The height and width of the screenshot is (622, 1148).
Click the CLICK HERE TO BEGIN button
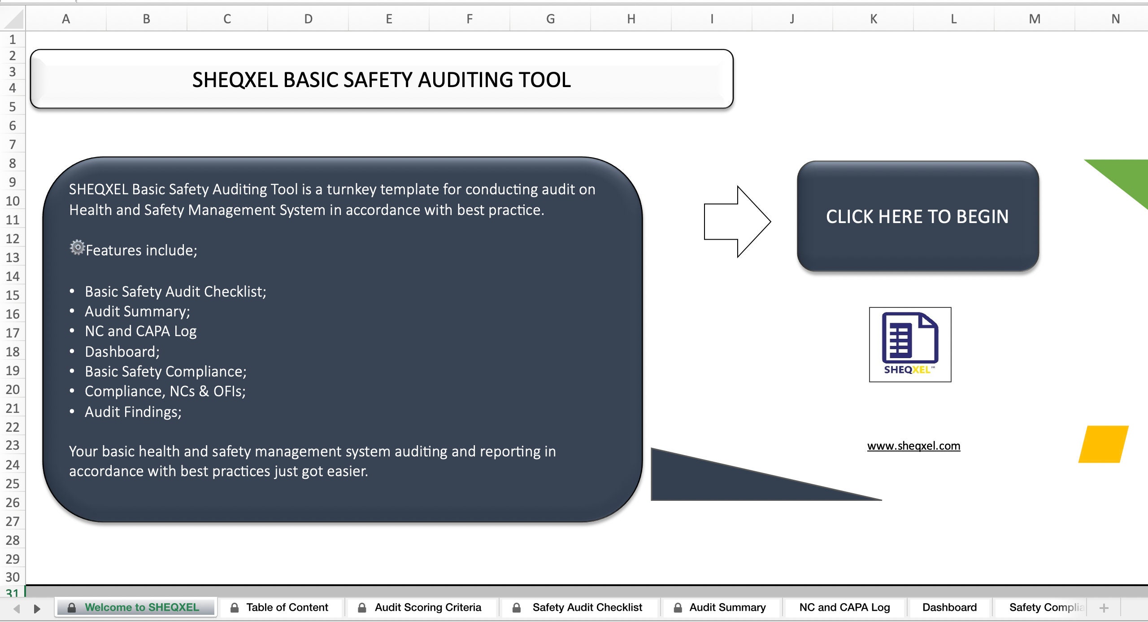[x=918, y=216]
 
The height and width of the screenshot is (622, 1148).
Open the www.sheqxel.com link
[x=913, y=446]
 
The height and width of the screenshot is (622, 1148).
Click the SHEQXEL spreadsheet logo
[x=910, y=344]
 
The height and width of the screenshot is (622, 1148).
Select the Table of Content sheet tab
[x=287, y=607]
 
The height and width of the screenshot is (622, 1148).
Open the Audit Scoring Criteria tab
[x=427, y=607]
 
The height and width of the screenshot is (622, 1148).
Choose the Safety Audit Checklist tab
[x=587, y=607]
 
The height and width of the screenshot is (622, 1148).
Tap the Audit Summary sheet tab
[x=727, y=607]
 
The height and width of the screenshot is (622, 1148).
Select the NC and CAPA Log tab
[x=844, y=607]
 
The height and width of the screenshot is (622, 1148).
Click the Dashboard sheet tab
[x=949, y=607]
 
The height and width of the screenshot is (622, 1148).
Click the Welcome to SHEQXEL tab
[x=141, y=607]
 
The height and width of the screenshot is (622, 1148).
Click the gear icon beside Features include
[x=77, y=247]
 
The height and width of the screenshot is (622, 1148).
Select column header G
[x=550, y=19]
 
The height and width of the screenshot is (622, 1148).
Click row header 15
[x=13, y=295]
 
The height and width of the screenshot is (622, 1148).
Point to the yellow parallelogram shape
[x=1103, y=444]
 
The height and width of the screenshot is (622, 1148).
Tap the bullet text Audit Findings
[x=133, y=412]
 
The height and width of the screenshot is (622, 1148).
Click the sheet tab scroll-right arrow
[x=37, y=609]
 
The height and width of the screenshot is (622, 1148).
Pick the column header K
[x=873, y=19]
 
